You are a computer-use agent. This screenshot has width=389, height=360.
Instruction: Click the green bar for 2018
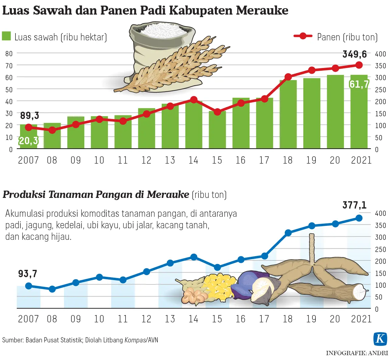tap(288, 114)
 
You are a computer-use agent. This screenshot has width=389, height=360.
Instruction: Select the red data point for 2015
tap(217, 112)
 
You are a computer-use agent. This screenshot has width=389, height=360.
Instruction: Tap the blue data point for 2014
tap(194, 257)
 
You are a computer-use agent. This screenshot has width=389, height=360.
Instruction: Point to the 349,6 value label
tap(355, 54)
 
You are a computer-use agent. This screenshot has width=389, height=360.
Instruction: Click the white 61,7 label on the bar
tap(359, 84)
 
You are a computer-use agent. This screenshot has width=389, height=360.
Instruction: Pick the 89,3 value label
tap(29, 115)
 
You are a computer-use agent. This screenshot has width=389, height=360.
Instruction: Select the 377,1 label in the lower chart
tap(355, 205)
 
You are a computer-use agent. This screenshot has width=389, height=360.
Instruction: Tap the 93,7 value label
tap(28, 273)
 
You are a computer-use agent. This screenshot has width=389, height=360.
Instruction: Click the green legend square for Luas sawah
tap(6, 36)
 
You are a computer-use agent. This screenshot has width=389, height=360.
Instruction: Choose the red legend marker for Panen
tap(303, 36)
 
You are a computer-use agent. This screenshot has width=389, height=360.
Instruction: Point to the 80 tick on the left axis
tap(9, 53)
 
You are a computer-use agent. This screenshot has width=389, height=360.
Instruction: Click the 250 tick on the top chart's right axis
tap(380, 90)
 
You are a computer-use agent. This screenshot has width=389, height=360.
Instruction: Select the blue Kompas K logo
tap(380, 339)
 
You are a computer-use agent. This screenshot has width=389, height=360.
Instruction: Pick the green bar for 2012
tap(146, 128)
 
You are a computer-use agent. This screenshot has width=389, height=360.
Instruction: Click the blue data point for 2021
tap(359, 218)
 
